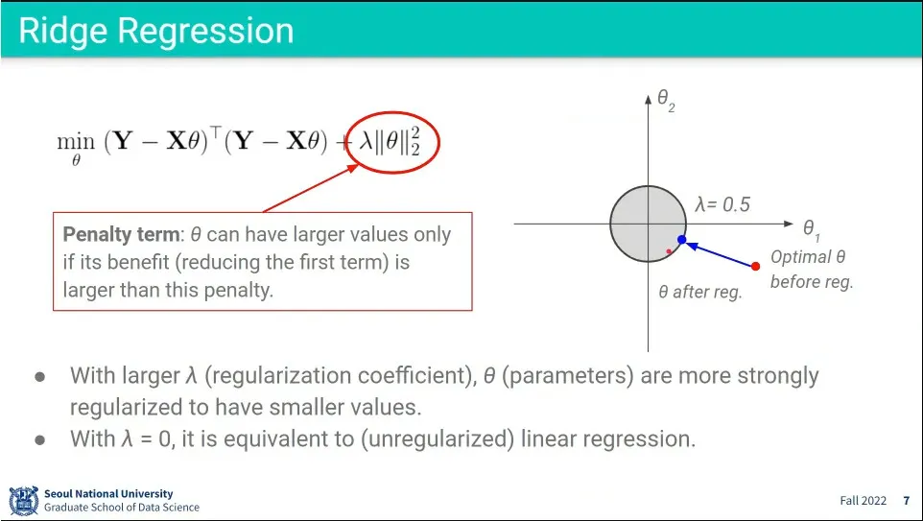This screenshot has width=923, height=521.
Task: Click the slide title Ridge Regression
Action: tap(156, 31)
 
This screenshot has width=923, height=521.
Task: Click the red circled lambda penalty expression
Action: tap(391, 142)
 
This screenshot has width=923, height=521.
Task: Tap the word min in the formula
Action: tap(76, 141)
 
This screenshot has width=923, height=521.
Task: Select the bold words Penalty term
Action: tap(121, 234)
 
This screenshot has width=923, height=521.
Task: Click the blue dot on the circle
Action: tap(681, 240)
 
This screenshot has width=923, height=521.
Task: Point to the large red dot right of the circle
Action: tap(755, 266)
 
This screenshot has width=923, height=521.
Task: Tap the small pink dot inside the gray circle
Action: tap(669, 251)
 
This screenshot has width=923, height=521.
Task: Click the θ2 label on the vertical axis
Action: tap(666, 100)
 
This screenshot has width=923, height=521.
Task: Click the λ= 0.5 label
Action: tap(722, 204)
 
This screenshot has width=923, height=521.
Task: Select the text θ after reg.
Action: tap(699, 292)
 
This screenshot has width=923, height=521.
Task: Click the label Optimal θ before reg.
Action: tap(811, 269)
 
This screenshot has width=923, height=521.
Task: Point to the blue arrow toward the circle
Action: tap(722, 254)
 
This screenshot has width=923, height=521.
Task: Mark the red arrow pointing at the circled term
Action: tap(310, 188)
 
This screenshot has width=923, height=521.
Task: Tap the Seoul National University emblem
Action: tap(24, 501)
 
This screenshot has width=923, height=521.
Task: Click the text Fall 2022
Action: tap(863, 501)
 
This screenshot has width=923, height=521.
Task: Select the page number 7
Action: tap(907, 501)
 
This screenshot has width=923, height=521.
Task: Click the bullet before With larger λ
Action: tap(40, 377)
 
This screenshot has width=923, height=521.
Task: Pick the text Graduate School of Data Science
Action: tap(122, 507)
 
